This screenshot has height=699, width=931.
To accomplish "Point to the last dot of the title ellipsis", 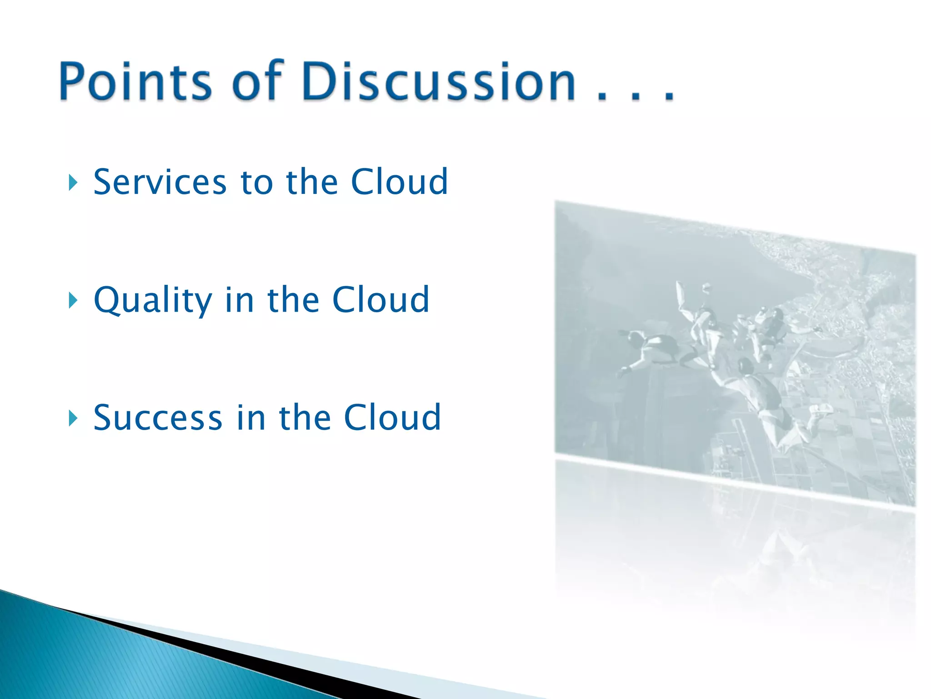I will [669, 97].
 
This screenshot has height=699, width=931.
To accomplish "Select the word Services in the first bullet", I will [160, 182].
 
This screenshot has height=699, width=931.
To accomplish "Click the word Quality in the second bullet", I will [153, 300].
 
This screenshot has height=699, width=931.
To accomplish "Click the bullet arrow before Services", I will [73, 183].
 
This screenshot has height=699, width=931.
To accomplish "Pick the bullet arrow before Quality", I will [73, 300].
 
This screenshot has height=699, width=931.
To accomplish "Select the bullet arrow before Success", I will [73, 418].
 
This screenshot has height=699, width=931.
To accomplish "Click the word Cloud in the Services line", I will [400, 182].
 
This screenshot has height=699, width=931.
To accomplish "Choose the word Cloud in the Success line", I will [392, 417].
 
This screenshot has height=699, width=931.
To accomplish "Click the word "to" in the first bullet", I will [256, 182].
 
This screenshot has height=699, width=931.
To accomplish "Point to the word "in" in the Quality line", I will [239, 300].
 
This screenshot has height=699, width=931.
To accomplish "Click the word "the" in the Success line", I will [305, 417].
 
